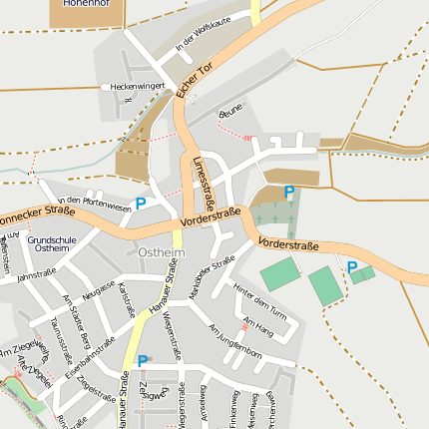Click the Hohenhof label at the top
tap(87, 4)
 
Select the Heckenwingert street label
tap(138, 87)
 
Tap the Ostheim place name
tap(161, 252)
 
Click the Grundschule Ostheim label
tap(49, 244)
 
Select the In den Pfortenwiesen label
tap(95, 203)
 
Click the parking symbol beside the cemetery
tap(289, 192)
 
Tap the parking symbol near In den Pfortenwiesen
tap(141, 204)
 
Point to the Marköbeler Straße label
tap(212, 276)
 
